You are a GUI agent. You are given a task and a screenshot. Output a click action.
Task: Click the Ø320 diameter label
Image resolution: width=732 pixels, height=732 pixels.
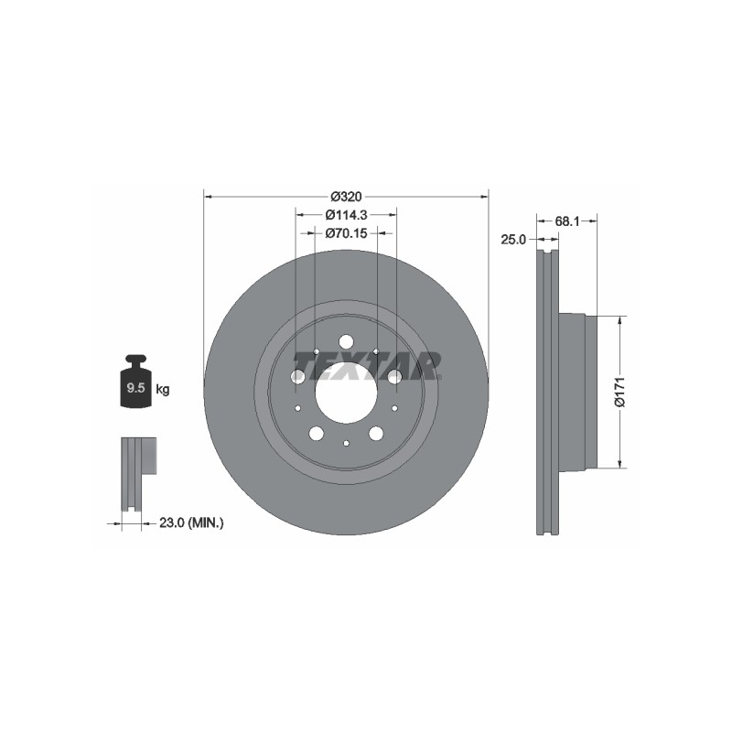[x=346, y=197]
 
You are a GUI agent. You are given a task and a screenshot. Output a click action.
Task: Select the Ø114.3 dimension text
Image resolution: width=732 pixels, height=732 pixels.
[x=347, y=215]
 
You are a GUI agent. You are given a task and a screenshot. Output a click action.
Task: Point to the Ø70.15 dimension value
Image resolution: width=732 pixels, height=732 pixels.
[x=347, y=232]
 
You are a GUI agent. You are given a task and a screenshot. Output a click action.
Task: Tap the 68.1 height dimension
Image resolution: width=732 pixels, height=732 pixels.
[x=567, y=221]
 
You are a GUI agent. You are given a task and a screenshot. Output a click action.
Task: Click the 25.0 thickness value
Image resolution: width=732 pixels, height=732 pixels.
[x=513, y=240]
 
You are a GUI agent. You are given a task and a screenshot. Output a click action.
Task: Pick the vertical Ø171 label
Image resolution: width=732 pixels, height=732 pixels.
[x=619, y=392]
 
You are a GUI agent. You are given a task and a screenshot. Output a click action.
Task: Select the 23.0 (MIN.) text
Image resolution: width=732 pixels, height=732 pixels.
[x=191, y=522]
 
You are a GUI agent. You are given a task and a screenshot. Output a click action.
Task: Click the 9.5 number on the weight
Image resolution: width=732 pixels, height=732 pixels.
[x=135, y=387]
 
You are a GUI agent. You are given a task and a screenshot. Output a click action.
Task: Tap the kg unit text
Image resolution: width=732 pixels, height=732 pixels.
[x=163, y=389]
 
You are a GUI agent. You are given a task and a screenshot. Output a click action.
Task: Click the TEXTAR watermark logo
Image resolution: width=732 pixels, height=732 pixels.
[x=367, y=365]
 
